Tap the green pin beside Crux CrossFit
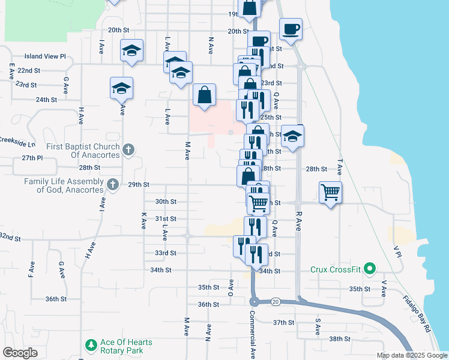coord(370,268)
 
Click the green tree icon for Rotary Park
coord(91,345)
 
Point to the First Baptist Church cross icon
coord(127,149)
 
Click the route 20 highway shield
coord(276,301)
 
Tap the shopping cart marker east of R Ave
coord(330,193)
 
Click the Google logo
coord(20,353)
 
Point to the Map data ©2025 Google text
coord(411,355)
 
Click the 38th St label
coord(340,339)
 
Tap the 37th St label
coord(283,322)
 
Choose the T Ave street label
coord(340,163)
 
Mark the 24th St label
coord(46,100)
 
